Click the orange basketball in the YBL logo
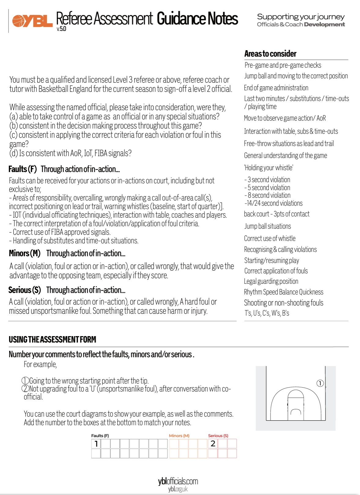[19, 21]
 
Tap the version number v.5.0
[61, 29]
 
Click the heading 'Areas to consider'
[270, 54]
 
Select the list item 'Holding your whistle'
[268, 168]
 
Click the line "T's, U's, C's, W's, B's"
[266, 313]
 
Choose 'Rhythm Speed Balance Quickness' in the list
[283, 292]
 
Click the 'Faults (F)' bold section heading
[23, 169]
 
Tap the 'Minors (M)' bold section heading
[24, 253]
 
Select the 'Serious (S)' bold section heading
[24, 290]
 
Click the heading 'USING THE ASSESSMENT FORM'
[52, 339]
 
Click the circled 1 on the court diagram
[320, 383]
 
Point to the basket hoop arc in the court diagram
[295, 412]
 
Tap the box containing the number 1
[96, 444]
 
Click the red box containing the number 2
[213, 444]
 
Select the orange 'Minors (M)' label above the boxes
[179, 436]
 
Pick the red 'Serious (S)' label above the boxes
[218, 436]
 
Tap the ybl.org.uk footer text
[178, 489]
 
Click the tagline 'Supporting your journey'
[301, 17]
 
